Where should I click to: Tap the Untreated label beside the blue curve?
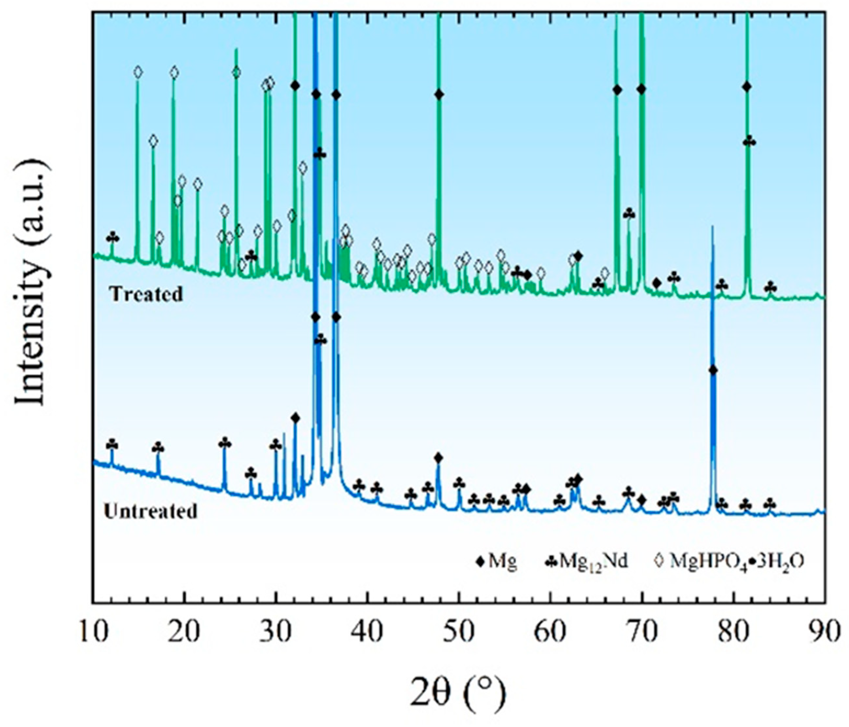[x=150, y=511]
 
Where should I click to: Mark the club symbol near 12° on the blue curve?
[x=112, y=445]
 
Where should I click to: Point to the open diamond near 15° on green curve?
[x=138, y=73]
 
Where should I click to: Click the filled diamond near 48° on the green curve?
[x=439, y=95]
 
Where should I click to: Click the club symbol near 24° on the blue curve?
[x=225, y=443]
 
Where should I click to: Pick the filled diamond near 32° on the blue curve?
[x=296, y=418]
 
